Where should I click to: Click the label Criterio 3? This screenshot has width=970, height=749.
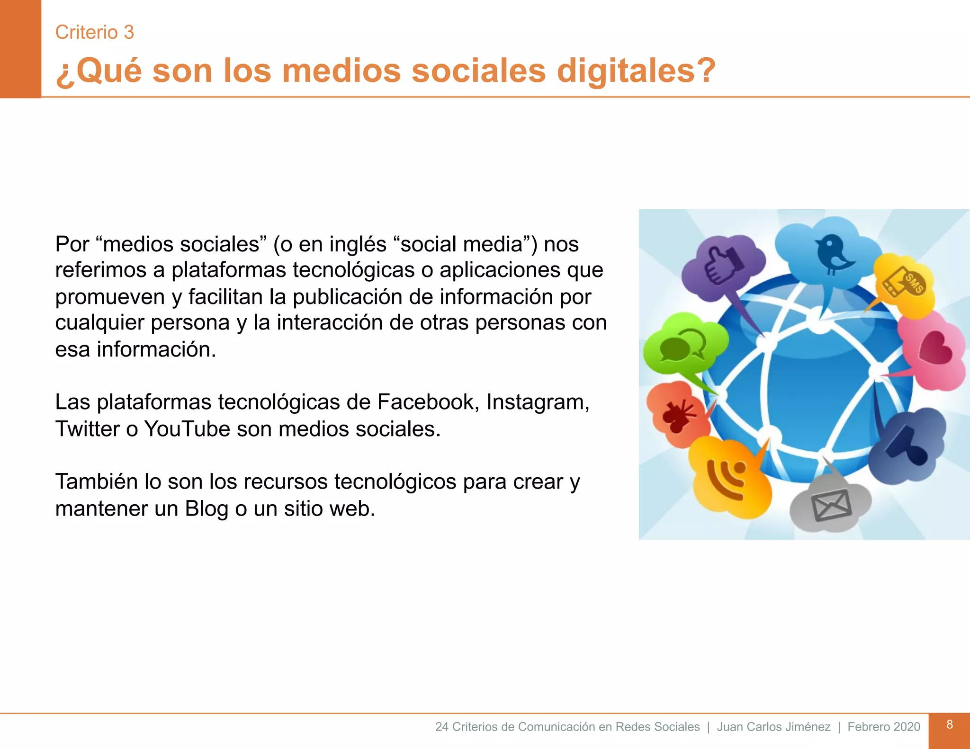tap(94, 32)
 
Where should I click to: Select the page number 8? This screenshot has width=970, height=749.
tap(949, 724)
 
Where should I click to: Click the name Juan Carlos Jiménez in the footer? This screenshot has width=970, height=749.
tap(773, 727)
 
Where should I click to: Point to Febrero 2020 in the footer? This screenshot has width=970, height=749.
tap(883, 727)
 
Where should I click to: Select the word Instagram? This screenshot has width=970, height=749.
tap(538, 402)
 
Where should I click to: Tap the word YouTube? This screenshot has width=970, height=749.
tap(187, 429)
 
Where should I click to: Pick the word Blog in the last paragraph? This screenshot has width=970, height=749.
tap(207, 508)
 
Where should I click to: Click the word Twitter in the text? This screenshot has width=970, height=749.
tap(87, 429)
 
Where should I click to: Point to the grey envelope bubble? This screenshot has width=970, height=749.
tap(831, 504)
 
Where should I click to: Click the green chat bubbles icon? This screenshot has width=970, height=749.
tap(682, 345)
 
